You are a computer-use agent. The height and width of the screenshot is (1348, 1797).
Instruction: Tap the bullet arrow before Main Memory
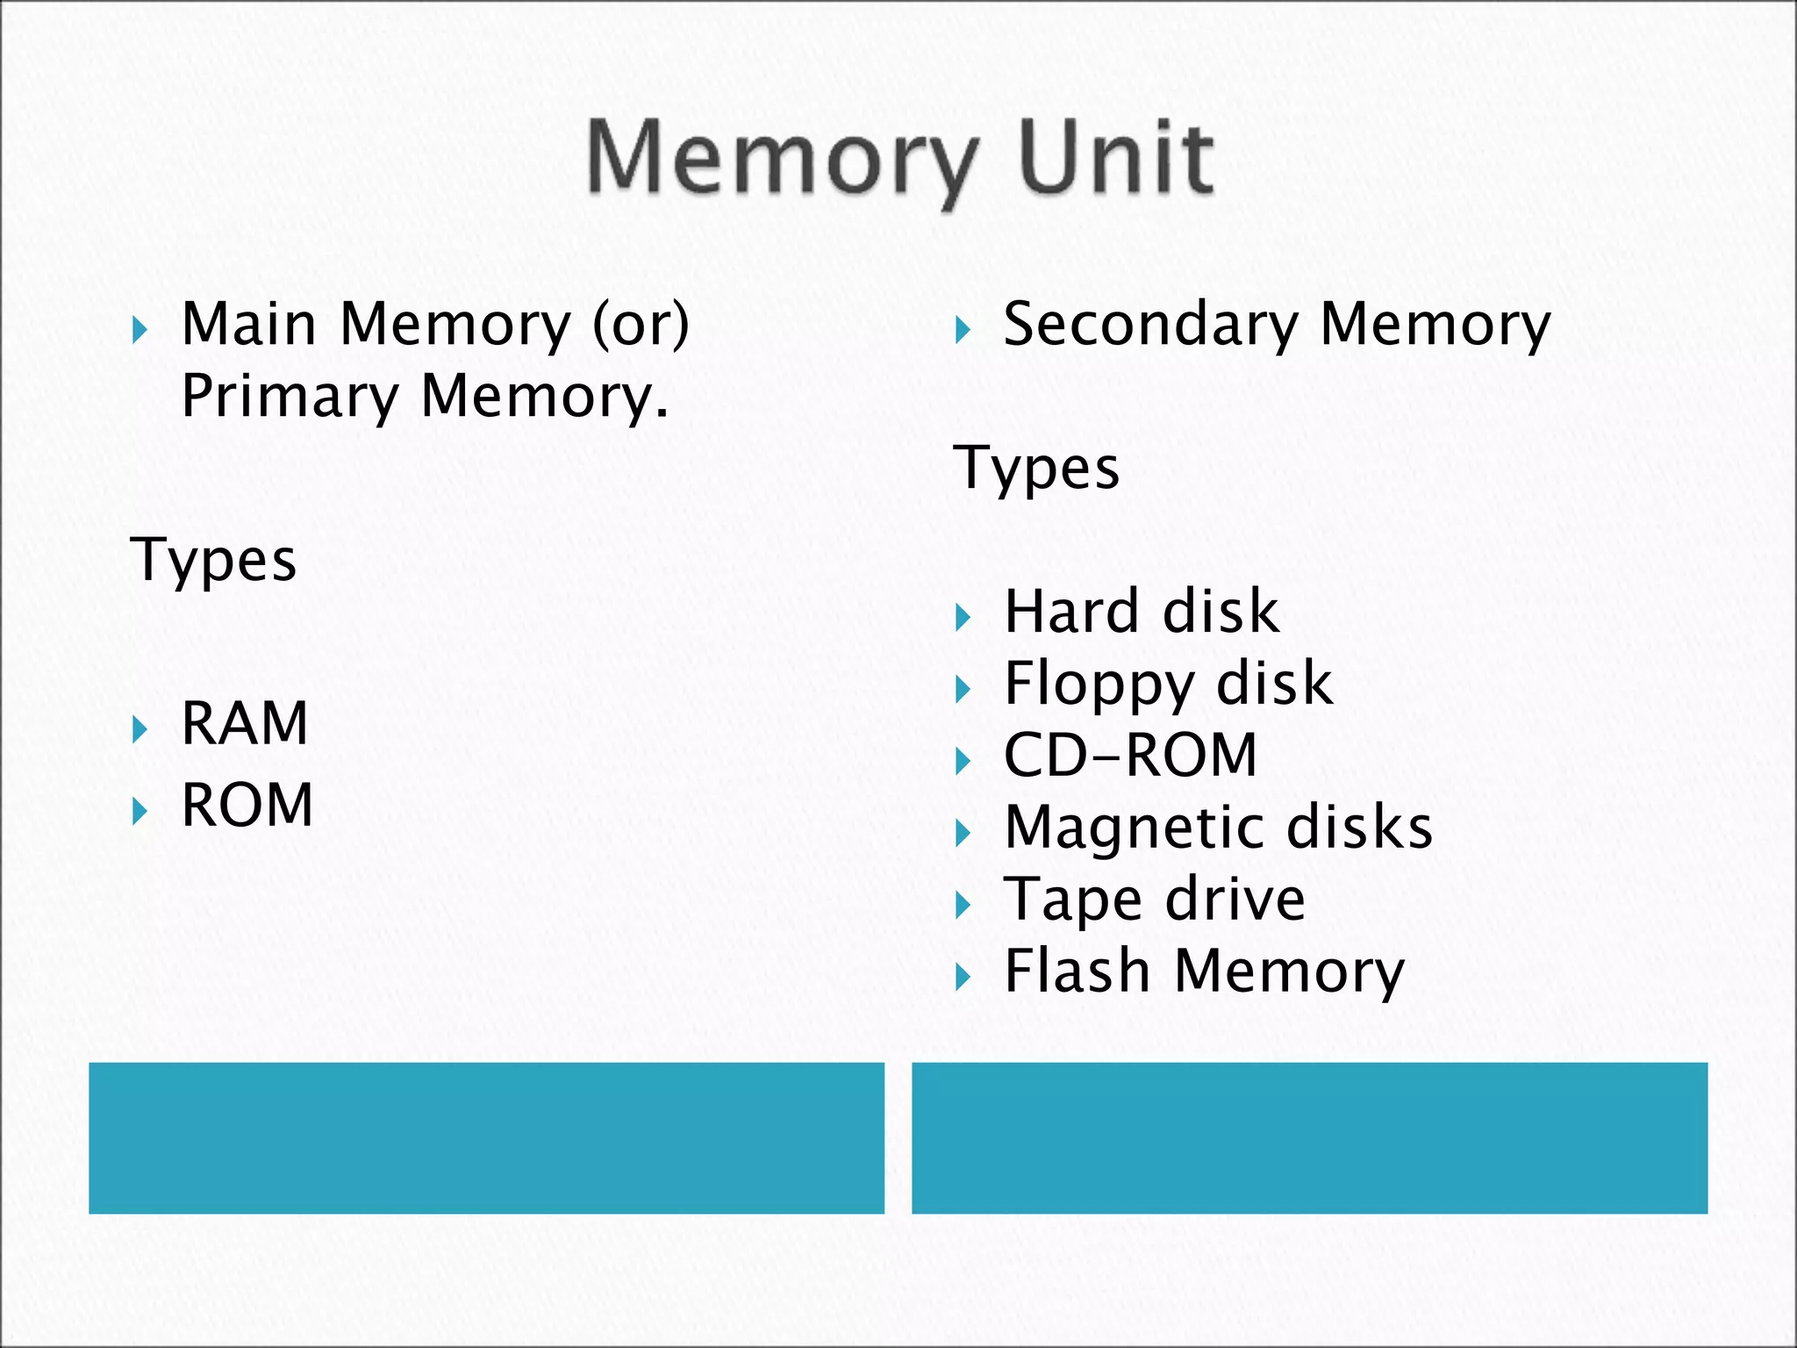pyautogui.click(x=139, y=331)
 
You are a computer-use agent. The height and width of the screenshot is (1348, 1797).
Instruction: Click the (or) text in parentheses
pyautogui.click(x=641, y=325)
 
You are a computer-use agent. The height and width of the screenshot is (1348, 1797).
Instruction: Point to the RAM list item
pyautogui.click(x=244, y=724)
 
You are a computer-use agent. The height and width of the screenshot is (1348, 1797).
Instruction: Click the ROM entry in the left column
pyautogui.click(x=247, y=805)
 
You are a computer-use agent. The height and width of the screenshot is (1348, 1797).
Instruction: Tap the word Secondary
pyautogui.click(x=1150, y=326)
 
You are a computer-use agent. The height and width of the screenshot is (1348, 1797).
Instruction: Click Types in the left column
pyautogui.click(x=213, y=561)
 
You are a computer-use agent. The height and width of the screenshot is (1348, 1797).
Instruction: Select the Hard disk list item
pyautogui.click(x=1141, y=612)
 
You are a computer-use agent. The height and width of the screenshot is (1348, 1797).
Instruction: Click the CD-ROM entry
pyautogui.click(x=1130, y=756)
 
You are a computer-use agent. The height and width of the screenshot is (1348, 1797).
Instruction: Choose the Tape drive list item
pyautogui.click(x=1154, y=900)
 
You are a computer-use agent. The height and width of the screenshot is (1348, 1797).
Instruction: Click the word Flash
pyautogui.click(x=1077, y=972)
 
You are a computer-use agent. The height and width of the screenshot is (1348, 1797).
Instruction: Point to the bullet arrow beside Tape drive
pyautogui.click(x=963, y=905)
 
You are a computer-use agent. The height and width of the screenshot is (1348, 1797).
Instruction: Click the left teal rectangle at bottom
pyautogui.click(x=486, y=1137)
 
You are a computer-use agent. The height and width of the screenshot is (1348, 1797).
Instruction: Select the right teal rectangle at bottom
pyautogui.click(x=1309, y=1137)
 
